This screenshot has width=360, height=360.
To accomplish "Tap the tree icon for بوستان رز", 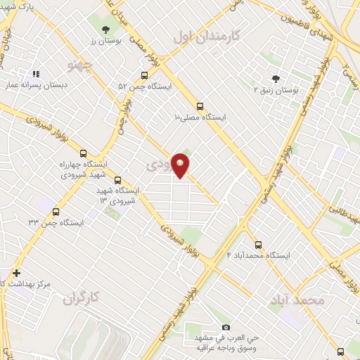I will (105, 30).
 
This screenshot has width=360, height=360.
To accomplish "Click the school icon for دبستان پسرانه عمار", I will (35, 72).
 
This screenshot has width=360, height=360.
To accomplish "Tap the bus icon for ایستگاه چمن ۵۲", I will (144, 75).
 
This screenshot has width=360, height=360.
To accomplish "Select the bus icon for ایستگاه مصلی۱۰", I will (200, 106).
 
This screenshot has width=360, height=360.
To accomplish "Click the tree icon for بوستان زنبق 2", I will (275, 79).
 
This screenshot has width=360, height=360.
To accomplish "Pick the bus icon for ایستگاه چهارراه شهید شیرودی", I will (84, 153).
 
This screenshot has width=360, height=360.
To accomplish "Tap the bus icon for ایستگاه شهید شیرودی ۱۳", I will (117, 180).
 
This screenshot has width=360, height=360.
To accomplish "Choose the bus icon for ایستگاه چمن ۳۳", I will (56, 211).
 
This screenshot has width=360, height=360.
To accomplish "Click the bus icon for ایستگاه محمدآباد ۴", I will (259, 245).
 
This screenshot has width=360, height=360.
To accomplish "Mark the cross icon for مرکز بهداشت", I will (16, 273).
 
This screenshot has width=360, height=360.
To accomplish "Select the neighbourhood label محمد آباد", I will (297, 300).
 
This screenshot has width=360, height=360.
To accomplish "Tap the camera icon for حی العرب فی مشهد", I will (225, 328).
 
